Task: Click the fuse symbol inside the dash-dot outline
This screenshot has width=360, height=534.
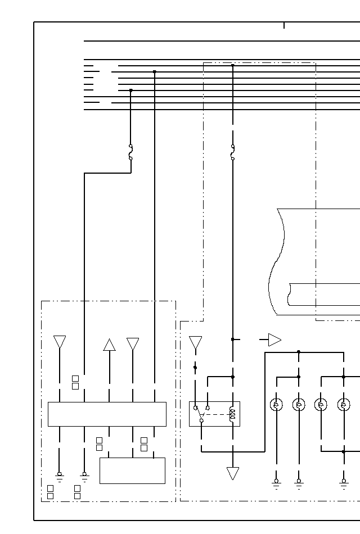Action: point(232,152)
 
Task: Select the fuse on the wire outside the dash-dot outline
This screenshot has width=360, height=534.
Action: point(130,152)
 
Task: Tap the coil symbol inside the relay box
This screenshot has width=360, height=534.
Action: point(232,415)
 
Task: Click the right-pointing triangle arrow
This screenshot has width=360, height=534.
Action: point(274,340)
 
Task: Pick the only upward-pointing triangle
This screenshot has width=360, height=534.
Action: point(110,345)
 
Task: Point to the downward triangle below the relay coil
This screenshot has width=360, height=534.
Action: point(232,473)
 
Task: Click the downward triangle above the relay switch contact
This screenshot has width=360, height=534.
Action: point(195,342)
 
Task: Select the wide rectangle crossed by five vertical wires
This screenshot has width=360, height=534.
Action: point(107,414)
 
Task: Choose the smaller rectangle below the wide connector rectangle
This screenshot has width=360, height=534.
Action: point(132,470)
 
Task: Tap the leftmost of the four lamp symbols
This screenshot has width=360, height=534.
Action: point(276,405)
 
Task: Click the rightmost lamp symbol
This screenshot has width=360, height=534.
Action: point(344,405)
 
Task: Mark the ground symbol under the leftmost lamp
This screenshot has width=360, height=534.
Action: point(276,483)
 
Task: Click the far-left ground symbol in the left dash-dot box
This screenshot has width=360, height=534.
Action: point(59,476)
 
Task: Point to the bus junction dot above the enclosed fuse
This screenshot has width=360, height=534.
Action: point(232,65)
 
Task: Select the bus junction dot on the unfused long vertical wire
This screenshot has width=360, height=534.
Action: point(155,72)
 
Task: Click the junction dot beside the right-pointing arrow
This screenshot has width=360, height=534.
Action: point(232,340)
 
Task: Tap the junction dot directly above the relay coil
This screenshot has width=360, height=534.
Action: point(232,377)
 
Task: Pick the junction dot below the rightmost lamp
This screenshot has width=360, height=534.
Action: point(344,451)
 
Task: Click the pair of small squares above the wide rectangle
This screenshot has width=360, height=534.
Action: point(75,382)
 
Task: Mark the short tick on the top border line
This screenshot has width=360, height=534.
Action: point(284,25)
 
